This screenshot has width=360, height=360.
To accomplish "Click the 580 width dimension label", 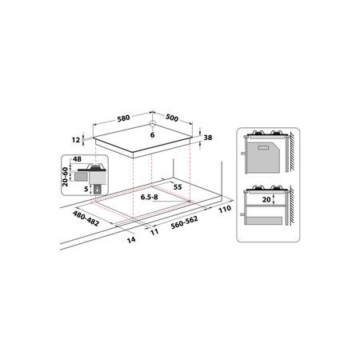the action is coord(123,118).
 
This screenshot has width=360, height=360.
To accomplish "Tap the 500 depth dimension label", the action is coord(172,118).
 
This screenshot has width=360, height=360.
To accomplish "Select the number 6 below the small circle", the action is coord(152,135).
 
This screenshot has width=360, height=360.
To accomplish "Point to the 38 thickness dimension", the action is coord(208,138).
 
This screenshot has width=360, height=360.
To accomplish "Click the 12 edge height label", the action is coord(76,140).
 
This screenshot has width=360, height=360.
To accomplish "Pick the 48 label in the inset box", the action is coord(77,159).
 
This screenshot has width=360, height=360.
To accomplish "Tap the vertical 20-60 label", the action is coord(65,177).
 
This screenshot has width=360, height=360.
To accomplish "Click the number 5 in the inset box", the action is coord(86,190).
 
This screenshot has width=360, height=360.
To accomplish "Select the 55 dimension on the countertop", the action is coord(178,187).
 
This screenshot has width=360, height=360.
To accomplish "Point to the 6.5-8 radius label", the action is coord(150,198).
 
